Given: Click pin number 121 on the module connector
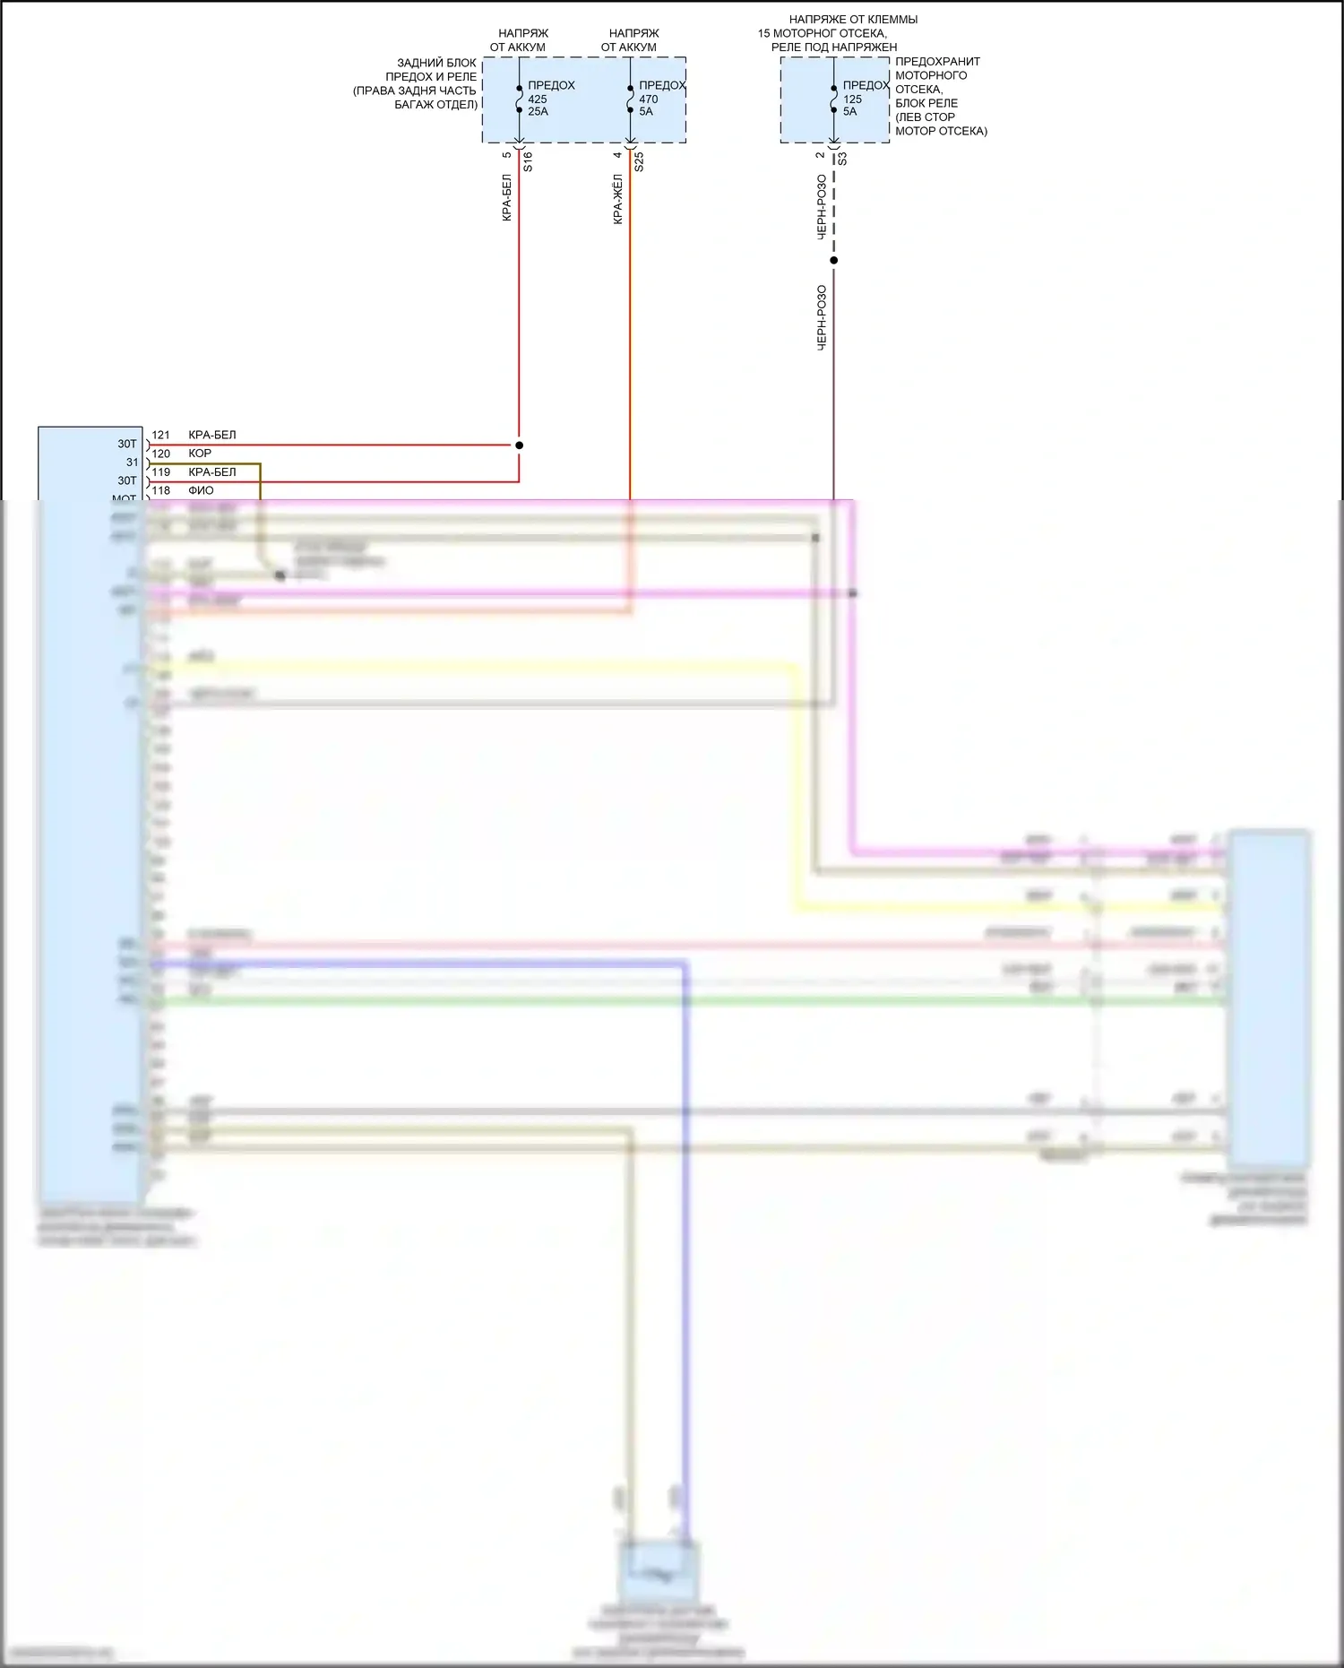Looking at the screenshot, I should click(x=160, y=436).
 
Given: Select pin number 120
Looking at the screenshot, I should click(x=160, y=454).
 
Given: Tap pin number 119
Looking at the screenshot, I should click(x=160, y=472).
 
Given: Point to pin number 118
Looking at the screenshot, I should click(x=160, y=491).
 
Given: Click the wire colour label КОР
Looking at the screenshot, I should click(x=200, y=454).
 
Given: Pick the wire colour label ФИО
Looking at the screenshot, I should click(x=201, y=491).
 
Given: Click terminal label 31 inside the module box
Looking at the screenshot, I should click(x=133, y=462).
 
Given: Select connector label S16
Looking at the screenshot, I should click(x=528, y=161).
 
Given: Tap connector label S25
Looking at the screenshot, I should click(x=639, y=161).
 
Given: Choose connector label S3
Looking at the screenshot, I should click(x=842, y=159).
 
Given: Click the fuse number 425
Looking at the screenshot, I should click(x=538, y=99).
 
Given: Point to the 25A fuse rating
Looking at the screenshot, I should click(x=538, y=112).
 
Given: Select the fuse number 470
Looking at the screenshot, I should click(x=648, y=99).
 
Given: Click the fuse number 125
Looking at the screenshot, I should click(x=852, y=99).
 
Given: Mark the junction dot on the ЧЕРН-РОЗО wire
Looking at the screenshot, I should click(x=834, y=261).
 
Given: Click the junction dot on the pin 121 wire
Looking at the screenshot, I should click(x=520, y=445).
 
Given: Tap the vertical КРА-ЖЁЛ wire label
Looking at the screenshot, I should click(x=618, y=199).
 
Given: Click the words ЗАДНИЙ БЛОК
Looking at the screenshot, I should click(x=436, y=63).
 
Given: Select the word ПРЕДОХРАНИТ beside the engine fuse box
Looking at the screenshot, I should click(x=937, y=62).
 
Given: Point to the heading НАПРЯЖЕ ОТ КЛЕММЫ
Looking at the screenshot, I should click(x=853, y=19).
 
